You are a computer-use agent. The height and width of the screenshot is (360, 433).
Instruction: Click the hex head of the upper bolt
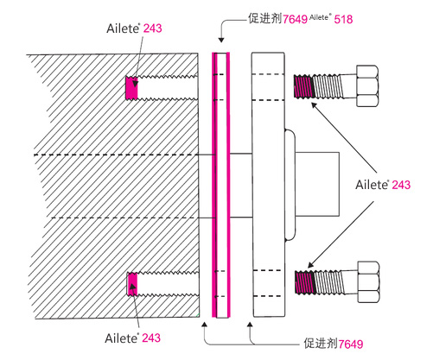[x=367, y=85]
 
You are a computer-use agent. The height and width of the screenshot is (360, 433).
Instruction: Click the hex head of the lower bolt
[x=368, y=281]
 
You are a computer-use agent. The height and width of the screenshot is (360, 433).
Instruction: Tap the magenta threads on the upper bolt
[x=303, y=86]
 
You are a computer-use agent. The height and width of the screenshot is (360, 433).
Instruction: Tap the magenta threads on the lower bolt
[x=305, y=282]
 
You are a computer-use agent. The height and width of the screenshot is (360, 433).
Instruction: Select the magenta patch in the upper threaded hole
[x=131, y=87]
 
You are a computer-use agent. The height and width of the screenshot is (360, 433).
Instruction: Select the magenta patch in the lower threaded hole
[x=132, y=284]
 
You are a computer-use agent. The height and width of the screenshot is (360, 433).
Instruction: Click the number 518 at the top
[x=343, y=19]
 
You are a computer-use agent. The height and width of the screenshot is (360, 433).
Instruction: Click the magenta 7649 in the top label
[x=295, y=19]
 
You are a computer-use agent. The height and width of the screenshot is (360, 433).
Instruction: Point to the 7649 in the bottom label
[x=351, y=344]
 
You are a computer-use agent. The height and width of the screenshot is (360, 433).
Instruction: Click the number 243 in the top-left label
[x=152, y=28]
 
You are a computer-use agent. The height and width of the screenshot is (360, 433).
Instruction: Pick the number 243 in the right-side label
[x=401, y=185]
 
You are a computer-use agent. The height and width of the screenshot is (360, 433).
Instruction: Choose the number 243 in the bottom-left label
[x=151, y=338]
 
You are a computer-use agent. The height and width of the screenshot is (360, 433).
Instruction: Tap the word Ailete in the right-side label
[x=373, y=185]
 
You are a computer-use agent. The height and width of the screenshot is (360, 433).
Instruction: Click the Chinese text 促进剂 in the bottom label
[x=321, y=344]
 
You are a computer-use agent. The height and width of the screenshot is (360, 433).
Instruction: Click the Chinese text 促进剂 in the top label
[x=265, y=18]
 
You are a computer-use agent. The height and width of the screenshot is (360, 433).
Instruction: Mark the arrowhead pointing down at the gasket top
[x=221, y=40]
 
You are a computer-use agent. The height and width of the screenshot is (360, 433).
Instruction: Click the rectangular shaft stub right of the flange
[x=317, y=184]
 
